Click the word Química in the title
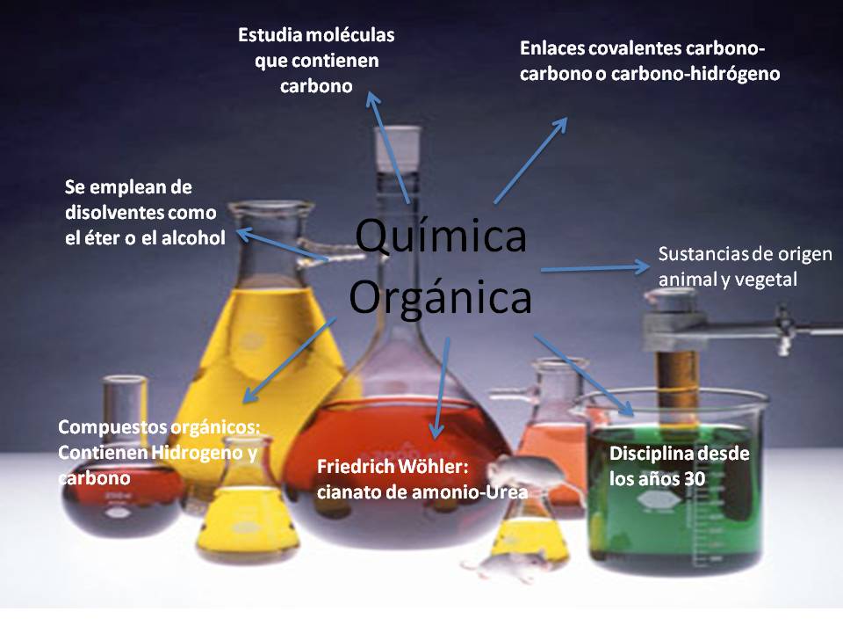pyautogui.click(x=441, y=239)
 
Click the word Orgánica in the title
pyautogui.click(x=441, y=298)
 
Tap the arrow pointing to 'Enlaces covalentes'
pyautogui.click(x=531, y=159)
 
